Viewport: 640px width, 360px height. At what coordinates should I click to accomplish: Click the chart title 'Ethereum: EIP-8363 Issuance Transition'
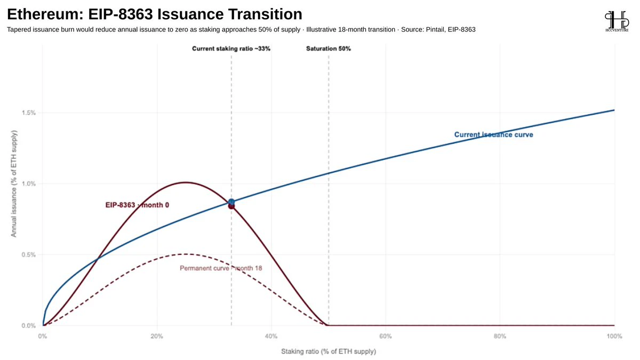155,14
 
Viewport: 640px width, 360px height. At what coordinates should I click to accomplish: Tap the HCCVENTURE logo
617,21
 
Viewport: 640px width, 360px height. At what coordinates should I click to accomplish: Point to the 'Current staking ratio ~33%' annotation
231,49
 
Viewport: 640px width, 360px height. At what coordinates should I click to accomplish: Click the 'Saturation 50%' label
329,49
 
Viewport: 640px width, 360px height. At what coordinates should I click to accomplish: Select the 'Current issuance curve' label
494,134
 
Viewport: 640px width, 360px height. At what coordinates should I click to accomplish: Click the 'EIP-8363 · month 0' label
137,205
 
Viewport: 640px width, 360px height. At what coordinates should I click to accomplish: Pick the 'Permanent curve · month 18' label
221,268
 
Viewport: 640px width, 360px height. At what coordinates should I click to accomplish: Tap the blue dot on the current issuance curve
231,202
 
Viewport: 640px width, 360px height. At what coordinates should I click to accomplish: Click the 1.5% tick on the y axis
29,113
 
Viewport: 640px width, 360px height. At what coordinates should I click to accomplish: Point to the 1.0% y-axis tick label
29,183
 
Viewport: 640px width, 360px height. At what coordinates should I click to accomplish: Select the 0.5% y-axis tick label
29,254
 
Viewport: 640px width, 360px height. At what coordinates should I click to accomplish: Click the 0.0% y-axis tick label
29,326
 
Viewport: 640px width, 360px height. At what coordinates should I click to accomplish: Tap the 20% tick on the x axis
157,337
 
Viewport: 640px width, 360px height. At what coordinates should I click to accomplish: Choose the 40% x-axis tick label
271,337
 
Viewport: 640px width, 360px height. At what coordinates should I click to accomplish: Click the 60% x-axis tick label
386,337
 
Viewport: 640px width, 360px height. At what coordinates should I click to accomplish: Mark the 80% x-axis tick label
500,337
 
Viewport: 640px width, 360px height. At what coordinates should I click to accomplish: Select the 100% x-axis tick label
614,337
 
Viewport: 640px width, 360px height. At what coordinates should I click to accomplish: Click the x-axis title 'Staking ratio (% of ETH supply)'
329,351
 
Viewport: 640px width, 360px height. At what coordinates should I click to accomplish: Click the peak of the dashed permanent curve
186,254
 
